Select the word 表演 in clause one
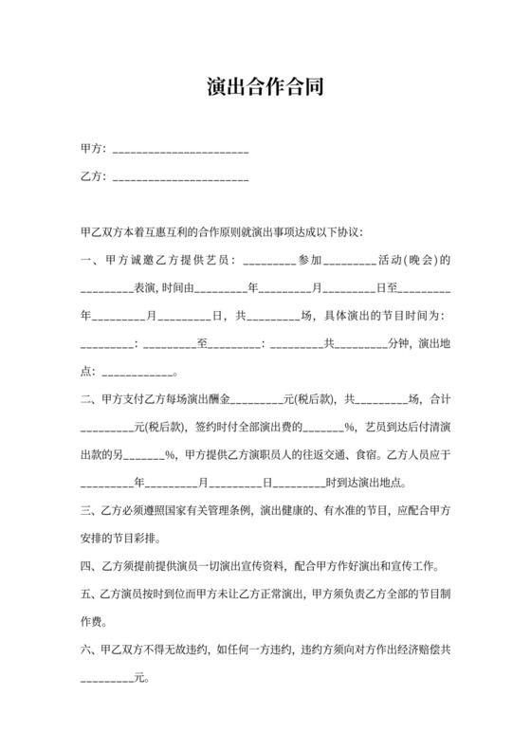(146, 287)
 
